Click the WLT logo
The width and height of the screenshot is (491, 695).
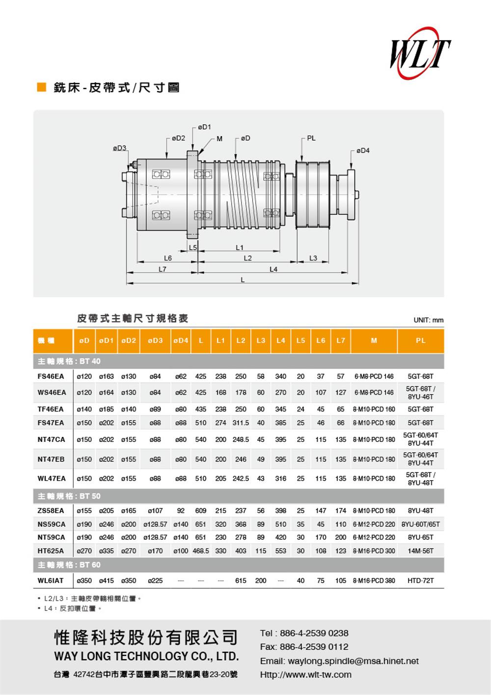[420, 53]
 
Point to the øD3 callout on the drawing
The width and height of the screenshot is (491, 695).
[119, 148]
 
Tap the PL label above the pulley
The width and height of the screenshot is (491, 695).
[311, 139]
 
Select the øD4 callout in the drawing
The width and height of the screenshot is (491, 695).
[363, 151]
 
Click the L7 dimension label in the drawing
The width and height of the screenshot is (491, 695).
[162, 269]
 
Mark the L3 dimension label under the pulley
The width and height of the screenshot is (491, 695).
[313, 258]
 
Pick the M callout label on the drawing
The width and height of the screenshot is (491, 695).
[219, 139]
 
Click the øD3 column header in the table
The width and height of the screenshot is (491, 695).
[155, 341]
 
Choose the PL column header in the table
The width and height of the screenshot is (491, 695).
[420, 341]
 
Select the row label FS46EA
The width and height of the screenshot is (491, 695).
[51, 376]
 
